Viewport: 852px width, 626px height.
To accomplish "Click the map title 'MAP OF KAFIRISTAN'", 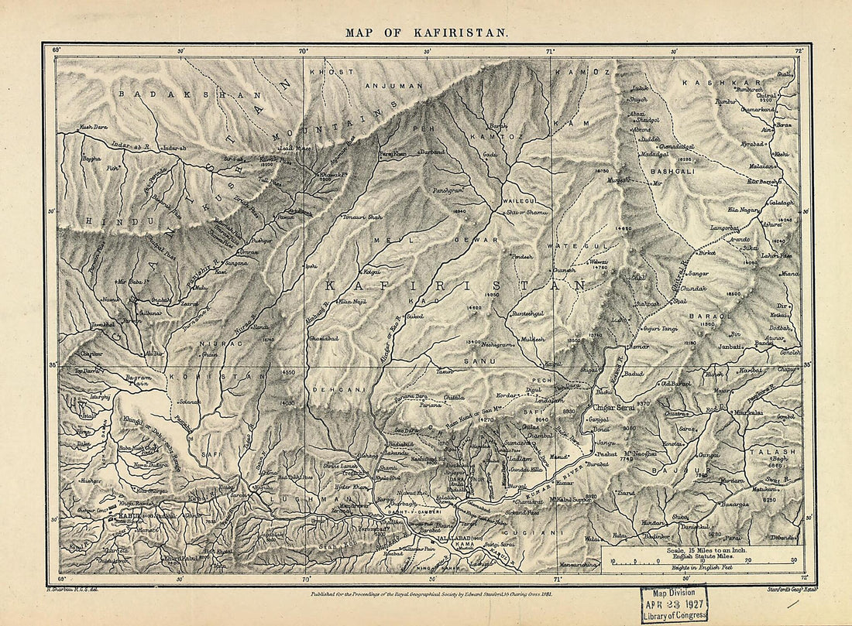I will (x=427, y=33).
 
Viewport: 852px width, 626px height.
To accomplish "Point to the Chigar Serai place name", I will (x=614, y=407).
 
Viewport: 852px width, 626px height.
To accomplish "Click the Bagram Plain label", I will (x=127, y=378).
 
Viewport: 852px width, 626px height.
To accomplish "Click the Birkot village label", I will (x=706, y=252).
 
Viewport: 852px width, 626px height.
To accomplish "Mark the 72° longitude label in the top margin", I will (x=802, y=50).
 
